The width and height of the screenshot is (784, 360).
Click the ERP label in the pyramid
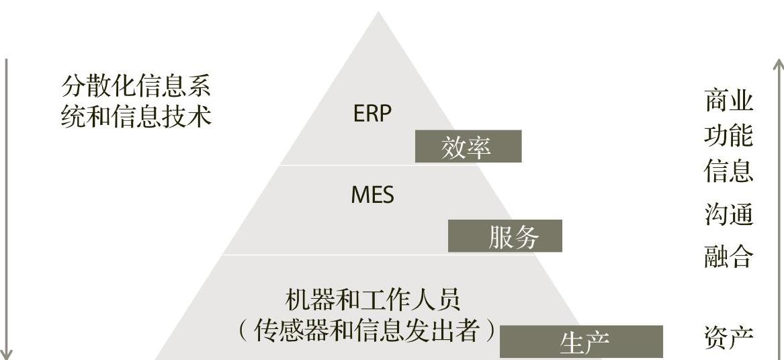[x=372, y=114]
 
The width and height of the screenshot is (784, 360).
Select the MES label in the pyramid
[x=372, y=195]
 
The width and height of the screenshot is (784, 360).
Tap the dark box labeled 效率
[x=468, y=146]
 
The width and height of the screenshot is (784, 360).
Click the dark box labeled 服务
[x=505, y=236]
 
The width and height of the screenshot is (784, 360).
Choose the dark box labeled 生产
[x=581, y=342]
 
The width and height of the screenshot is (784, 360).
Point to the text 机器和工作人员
[x=373, y=300]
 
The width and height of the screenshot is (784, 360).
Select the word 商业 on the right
[x=729, y=101]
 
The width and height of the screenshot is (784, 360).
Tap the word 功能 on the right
[x=729, y=136]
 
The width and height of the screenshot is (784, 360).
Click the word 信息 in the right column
[x=729, y=171]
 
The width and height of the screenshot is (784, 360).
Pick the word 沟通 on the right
[x=729, y=215]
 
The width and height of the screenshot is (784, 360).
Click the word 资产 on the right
[x=729, y=337]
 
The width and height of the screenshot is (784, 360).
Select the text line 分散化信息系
[x=136, y=87]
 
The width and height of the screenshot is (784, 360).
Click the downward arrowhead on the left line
[x=7, y=354]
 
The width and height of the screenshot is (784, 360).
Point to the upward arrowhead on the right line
[x=778, y=64]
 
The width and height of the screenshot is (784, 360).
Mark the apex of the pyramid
[x=378, y=13]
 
